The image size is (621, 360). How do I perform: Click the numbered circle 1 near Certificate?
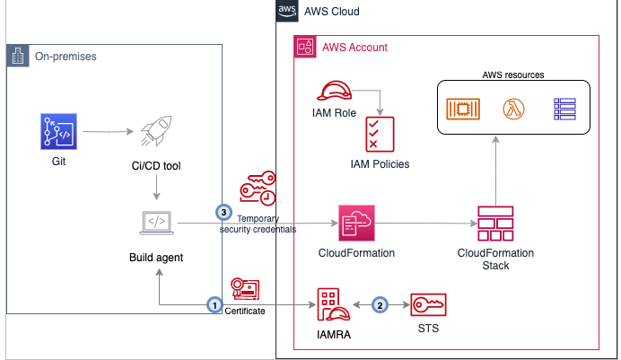click(x=214, y=304)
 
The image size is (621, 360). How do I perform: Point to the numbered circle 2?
click(x=380, y=304)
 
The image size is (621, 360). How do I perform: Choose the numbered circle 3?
click(x=223, y=213)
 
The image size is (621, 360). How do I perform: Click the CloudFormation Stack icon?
click(x=495, y=223)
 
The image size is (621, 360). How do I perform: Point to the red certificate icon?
click(x=245, y=288)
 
